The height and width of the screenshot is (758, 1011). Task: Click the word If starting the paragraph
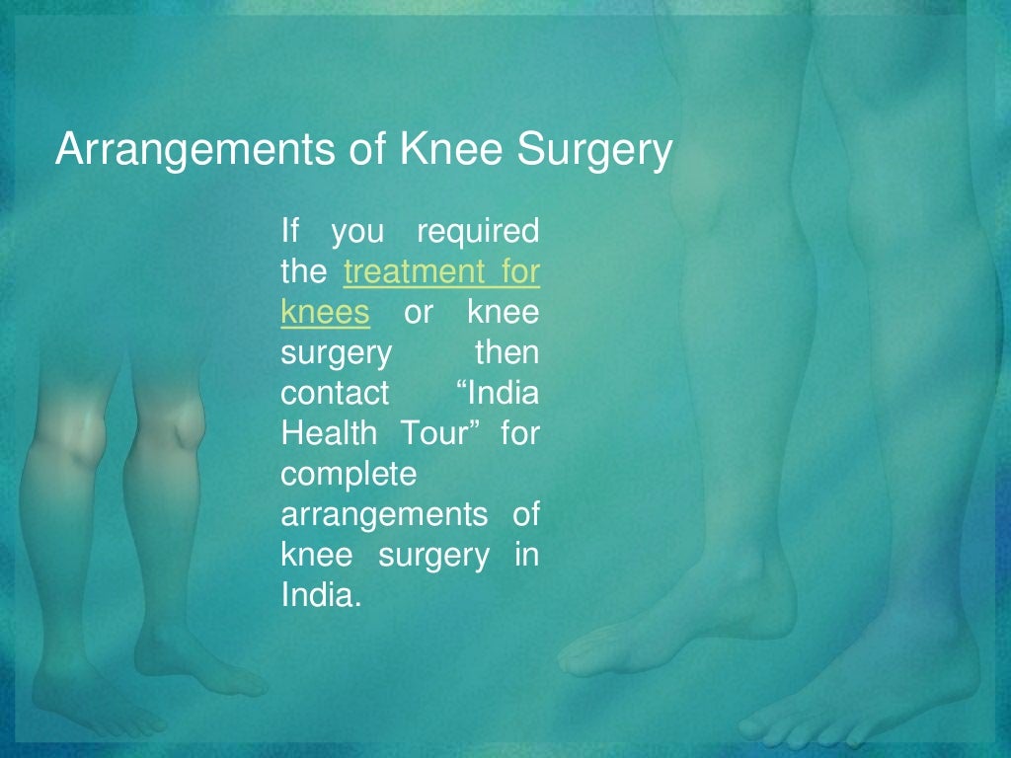coord(289,232)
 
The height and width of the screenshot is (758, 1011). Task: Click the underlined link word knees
coord(325,313)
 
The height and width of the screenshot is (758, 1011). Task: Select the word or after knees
coord(419,313)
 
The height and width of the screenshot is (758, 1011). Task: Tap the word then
coord(507,352)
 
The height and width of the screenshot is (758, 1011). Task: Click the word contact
coord(335,393)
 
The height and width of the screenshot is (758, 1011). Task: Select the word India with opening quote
coord(500,393)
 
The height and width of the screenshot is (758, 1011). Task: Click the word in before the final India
coord(526,555)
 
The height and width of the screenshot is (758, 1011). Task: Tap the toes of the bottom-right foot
coord(790,730)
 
